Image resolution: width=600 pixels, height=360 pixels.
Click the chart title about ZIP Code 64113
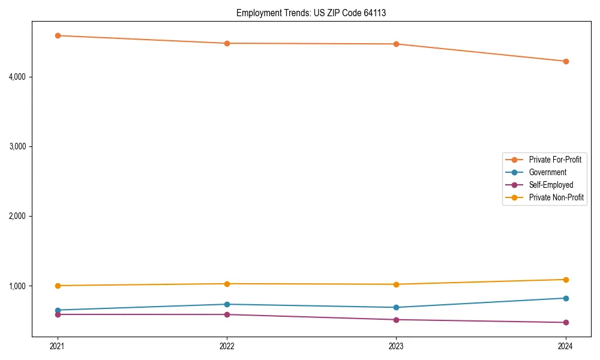pyautogui.click(x=311, y=13)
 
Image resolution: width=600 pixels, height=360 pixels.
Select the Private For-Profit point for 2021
pyautogui.click(x=58, y=35)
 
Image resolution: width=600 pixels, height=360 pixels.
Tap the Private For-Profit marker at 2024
pyautogui.click(x=566, y=61)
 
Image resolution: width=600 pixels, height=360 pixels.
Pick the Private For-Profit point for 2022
pyautogui.click(x=227, y=43)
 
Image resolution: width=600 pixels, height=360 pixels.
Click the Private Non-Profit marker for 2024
pyautogui.click(x=566, y=280)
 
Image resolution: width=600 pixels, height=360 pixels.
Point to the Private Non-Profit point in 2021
pyautogui.click(x=58, y=286)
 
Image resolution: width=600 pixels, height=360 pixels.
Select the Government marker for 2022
pyautogui.click(x=227, y=304)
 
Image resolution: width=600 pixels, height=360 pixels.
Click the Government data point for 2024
pyautogui.click(x=566, y=298)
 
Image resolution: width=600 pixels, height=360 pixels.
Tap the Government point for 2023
pyautogui.click(x=396, y=307)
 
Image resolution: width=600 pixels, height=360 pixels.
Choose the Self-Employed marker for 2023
pyautogui.click(x=396, y=320)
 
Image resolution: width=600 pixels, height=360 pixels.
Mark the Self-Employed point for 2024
pyautogui.click(x=566, y=323)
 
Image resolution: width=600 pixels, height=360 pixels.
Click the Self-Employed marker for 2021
pyautogui.click(x=58, y=314)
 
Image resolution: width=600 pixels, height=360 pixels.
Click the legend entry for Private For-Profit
pyautogui.click(x=555, y=160)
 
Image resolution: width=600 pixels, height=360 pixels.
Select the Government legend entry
pyautogui.click(x=547, y=172)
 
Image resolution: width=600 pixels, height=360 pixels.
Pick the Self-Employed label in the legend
pyautogui.click(x=551, y=185)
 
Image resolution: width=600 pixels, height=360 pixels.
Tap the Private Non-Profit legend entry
pyautogui.click(x=556, y=197)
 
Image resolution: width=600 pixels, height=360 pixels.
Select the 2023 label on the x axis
pyautogui.click(x=396, y=346)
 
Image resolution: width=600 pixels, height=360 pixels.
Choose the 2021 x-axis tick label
pyautogui.click(x=58, y=346)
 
